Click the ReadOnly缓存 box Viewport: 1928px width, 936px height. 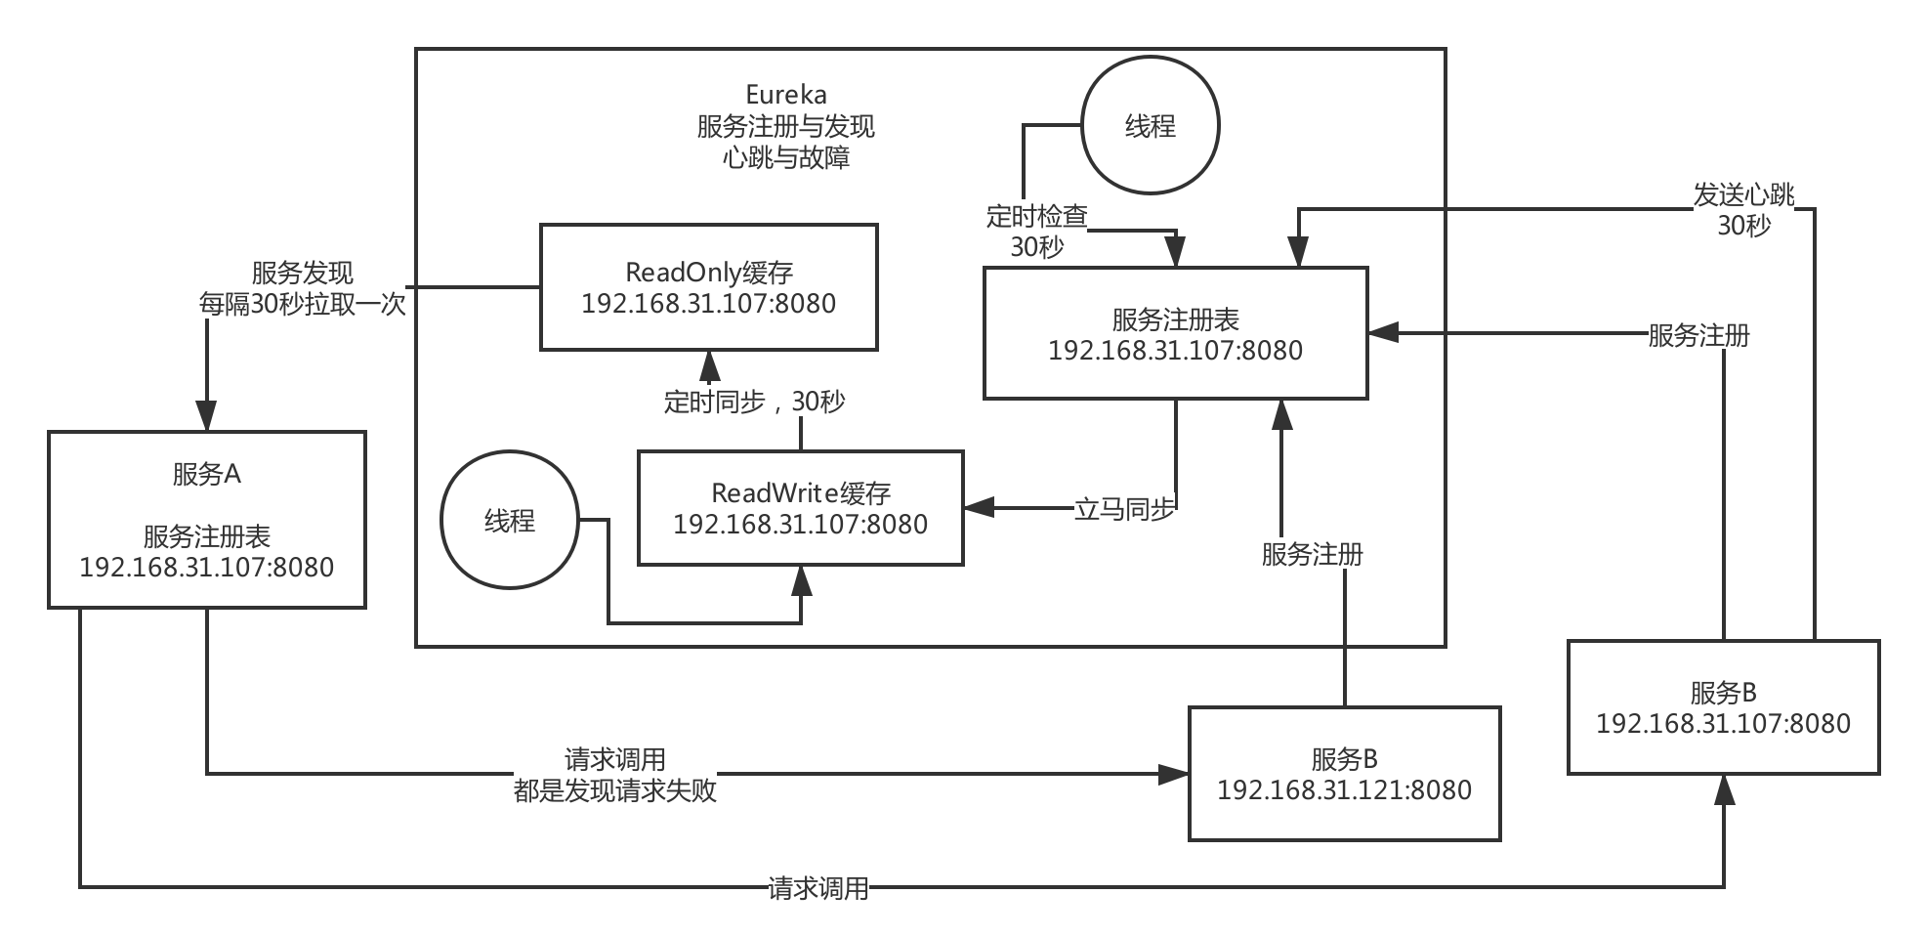[x=708, y=287]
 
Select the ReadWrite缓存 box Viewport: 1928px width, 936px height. [x=800, y=508]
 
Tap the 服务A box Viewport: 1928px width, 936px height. [x=206, y=520]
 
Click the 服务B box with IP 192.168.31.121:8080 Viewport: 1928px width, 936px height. [x=1344, y=774]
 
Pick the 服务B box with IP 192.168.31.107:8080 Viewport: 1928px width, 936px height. [x=1723, y=707]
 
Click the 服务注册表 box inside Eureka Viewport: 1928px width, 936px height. [x=1175, y=334]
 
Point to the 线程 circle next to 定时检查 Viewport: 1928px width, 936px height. [x=1151, y=126]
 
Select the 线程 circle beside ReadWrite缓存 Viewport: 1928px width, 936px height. [x=509, y=520]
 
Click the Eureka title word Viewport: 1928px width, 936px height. [x=785, y=95]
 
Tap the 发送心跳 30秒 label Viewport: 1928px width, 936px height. [x=1743, y=210]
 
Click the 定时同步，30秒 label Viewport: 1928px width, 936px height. [x=754, y=402]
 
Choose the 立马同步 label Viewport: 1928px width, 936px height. [x=1124, y=509]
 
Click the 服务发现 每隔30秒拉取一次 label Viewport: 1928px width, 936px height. [x=302, y=288]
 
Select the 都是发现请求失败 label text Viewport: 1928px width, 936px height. [x=615, y=789]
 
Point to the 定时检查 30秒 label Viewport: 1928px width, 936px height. [x=1036, y=231]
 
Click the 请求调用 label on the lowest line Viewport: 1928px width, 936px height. [x=817, y=888]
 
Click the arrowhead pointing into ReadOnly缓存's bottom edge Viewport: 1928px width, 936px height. [x=709, y=366]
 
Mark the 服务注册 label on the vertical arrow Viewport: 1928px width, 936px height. [x=1312, y=554]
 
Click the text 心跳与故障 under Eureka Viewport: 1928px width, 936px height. [x=785, y=157]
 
